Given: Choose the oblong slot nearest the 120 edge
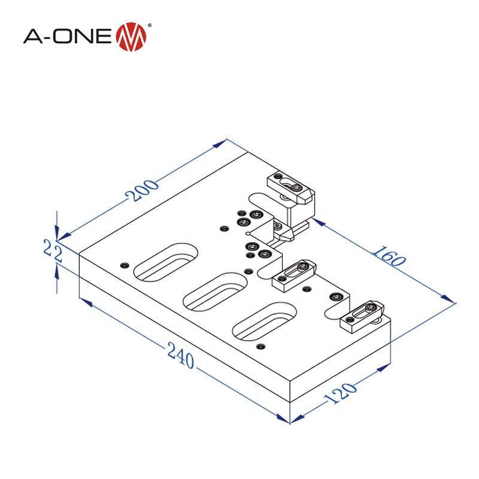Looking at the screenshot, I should pos(264,322).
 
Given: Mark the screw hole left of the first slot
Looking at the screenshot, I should pos(125,265).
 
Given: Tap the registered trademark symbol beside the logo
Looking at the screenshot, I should pos(149,25).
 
